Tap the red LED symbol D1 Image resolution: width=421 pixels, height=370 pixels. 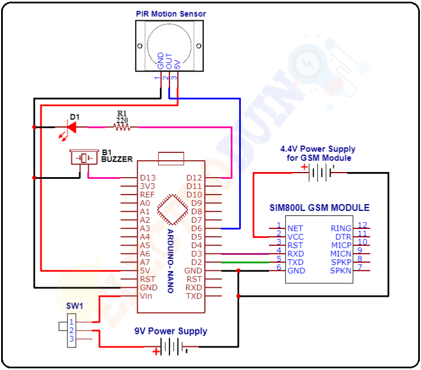coord(72,128)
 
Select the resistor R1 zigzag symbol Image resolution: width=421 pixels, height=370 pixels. coord(122,128)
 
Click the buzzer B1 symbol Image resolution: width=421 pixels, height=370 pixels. coord(84,158)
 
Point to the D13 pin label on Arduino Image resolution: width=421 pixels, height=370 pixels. coord(148,178)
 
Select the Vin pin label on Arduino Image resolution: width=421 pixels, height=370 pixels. coord(146,296)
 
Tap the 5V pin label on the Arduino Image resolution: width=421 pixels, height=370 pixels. coord(145,270)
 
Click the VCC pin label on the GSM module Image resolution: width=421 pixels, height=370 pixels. coord(295,237)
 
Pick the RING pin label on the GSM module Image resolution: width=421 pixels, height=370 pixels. coord(341,228)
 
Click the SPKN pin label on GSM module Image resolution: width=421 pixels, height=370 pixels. coord(341,270)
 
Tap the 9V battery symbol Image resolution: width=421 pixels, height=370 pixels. coord(171,347)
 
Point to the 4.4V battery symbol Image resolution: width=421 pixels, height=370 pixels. coord(318,173)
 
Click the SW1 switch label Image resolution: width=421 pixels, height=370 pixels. coord(75,306)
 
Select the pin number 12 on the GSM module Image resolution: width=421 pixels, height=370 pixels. coord(363,225)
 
